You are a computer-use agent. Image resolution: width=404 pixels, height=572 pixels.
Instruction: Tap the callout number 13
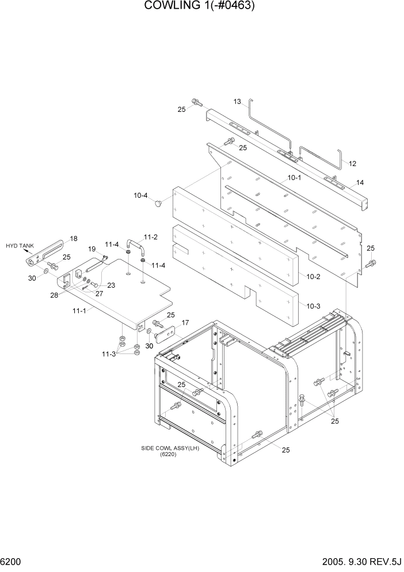(237, 102)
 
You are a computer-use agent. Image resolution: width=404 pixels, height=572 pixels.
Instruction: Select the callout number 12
(353, 163)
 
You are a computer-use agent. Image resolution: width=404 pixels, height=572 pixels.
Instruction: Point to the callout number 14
(360, 182)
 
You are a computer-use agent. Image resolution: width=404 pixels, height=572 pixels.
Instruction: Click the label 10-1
(294, 178)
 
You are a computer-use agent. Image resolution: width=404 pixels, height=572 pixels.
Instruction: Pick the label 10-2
(312, 277)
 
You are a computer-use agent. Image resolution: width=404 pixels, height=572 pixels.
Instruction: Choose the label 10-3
(314, 306)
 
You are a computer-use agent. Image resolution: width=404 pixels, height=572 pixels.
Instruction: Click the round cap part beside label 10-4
(159, 203)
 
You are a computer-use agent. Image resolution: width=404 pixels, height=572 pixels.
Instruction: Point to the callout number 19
(92, 249)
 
